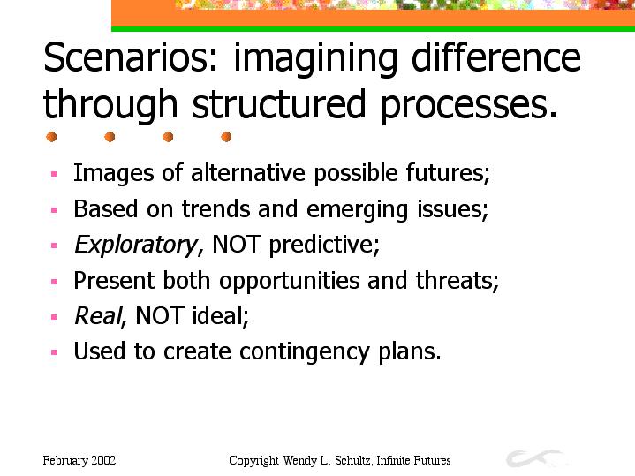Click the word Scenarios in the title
(x=131, y=58)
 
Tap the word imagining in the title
(x=315, y=60)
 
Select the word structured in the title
(x=279, y=103)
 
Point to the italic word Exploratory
(x=137, y=246)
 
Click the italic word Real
(x=98, y=315)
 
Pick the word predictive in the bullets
(x=322, y=246)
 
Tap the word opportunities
(x=289, y=281)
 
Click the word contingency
(x=304, y=351)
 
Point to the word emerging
(x=357, y=210)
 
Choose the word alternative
(x=248, y=173)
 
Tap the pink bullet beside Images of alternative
(x=54, y=174)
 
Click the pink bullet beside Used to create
(x=54, y=352)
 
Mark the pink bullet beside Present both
(x=54, y=282)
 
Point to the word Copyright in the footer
(x=254, y=461)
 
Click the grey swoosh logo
(x=534, y=457)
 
